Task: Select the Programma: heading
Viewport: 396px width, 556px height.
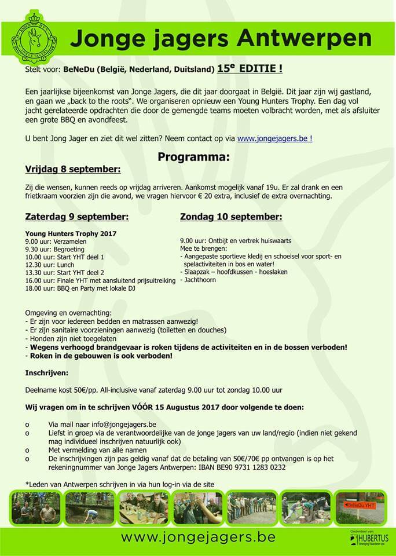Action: pyautogui.click(x=194, y=157)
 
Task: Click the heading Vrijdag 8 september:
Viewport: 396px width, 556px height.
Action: pyautogui.click(x=73, y=170)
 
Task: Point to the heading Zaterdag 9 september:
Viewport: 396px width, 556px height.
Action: pyautogui.click(x=77, y=217)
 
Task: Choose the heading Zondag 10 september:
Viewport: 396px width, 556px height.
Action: pyautogui.click(x=231, y=217)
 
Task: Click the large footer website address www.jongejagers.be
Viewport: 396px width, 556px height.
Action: pyautogui.click(x=197, y=537)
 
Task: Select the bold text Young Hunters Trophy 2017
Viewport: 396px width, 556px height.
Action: pyautogui.click(x=71, y=233)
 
